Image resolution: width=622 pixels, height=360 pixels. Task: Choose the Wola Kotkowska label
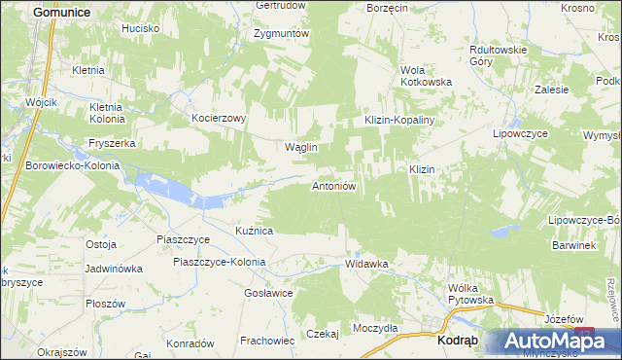(x=427, y=76)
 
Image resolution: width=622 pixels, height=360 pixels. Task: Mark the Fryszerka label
(x=112, y=142)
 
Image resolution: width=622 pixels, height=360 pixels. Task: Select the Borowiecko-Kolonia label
(x=73, y=165)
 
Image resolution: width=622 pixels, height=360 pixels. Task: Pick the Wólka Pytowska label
(x=470, y=294)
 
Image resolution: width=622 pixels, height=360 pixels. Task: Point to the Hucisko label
(x=140, y=28)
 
